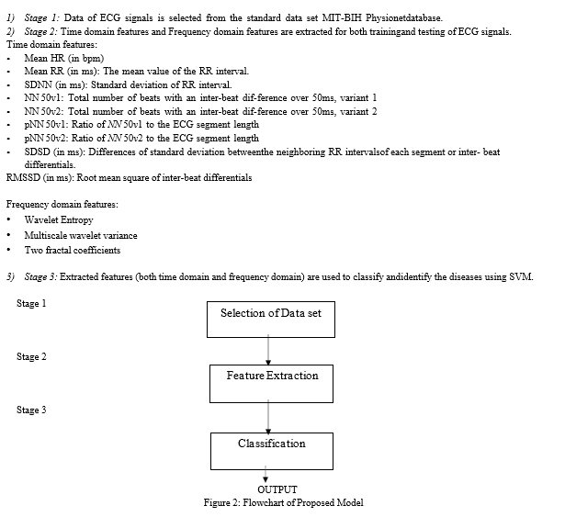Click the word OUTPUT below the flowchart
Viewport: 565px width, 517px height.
point(277,489)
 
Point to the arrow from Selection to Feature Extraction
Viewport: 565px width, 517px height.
point(268,350)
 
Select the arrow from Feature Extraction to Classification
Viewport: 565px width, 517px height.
point(268,417)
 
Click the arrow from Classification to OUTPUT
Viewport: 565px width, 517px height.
point(266,474)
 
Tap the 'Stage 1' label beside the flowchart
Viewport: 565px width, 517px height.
point(31,303)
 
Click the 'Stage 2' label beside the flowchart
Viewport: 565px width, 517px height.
point(31,356)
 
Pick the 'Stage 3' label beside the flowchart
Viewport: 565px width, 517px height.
point(31,410)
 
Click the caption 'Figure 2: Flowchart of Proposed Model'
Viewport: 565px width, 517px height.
point(283,502)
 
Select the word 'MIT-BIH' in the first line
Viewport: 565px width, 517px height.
point(342,17)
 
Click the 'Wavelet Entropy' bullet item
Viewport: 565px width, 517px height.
point(59,219)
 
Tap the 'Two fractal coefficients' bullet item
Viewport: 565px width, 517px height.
point(72,250)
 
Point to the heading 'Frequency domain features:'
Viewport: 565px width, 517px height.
point(62,204)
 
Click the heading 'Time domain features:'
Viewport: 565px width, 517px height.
point(51,45)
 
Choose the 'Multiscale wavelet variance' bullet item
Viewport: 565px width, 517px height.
point(81,235)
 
